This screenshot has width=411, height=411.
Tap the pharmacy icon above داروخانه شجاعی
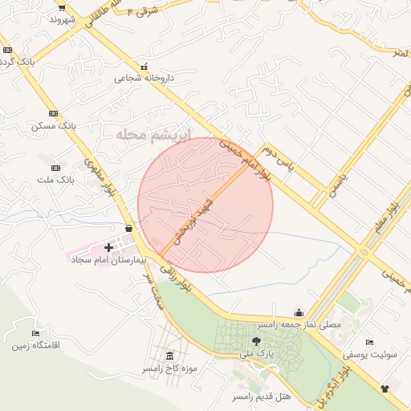[x=144, y=67]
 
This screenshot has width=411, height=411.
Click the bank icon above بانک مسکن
[x=54, y=113]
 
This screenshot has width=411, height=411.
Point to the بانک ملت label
[x=56, y=180]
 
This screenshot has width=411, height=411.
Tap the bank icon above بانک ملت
[x=55, y=168]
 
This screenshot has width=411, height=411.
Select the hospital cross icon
[x=109, y=247]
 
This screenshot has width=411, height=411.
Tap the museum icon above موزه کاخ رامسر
[x=169, y=356]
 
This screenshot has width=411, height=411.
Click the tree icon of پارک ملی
[x=256, y=341]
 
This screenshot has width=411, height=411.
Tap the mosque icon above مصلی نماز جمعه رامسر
[x=299, y=313]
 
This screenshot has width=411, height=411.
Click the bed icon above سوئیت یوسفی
[x=368, y=342]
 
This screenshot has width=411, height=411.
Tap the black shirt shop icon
[x=385, y=389]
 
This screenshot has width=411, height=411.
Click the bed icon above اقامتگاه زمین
[x=35, y=333]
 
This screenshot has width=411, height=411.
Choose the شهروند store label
[x=60, y=18]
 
